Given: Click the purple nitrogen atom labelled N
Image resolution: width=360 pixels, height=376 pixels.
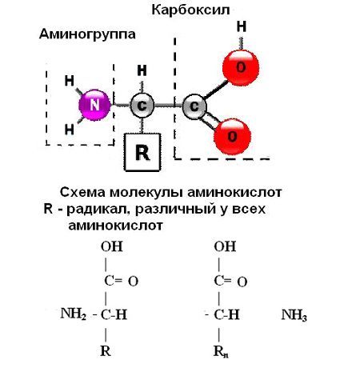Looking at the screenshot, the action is pyautogui.click(x=94, y=105).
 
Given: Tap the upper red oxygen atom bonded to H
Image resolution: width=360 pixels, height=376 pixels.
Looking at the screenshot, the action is pyautogui.click(x=241, y=67).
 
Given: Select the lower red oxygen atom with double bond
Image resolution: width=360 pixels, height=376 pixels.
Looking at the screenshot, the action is pyautogui.click(x=232, y=137).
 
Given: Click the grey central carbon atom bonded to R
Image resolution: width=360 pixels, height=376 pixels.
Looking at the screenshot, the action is pyautogui.click(x=142, y=106).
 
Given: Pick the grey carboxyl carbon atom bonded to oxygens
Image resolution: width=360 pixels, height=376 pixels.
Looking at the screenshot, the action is pyautogui.click(x=194, y=106).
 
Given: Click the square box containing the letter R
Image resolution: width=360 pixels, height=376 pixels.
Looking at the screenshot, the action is pyautogui.click(x=142, y=152).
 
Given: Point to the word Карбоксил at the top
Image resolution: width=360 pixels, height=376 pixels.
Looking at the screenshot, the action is pyautogui.click(x=190, y=10).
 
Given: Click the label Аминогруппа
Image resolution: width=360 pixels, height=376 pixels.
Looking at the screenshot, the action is pyautogui.click(x=87, y=34).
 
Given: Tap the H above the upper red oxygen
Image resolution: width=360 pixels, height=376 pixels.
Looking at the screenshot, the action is pyautogui.click(x=242, y=26).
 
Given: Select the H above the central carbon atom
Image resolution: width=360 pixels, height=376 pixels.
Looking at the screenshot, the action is pyautogui.click(x=142, y=70).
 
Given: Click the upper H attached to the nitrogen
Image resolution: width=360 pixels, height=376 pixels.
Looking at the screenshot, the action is pyautogui.click(x=70, y=81).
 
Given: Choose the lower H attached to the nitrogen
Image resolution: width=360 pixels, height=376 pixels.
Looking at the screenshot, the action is pyautogui.click(x=70, y=130).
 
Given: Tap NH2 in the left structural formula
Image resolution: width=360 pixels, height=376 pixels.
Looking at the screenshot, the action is pyautogui.click(x=74, y=314).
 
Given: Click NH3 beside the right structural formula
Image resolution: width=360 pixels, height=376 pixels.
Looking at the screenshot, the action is pyautogui.click(x=294, y=315).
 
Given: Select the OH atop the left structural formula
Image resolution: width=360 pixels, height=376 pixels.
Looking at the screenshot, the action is pyautogui.click(x=112, y=246).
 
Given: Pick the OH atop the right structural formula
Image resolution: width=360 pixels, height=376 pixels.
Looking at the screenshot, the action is pyautogui.click(x=225, y=246).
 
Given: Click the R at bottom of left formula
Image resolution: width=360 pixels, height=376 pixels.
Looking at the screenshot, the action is pyautogui.click(x=106, y=351).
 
